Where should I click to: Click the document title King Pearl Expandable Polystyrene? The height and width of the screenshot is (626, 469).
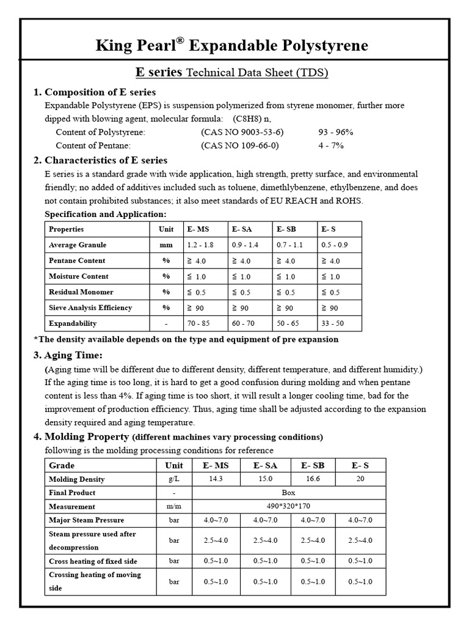(x=232, y=46)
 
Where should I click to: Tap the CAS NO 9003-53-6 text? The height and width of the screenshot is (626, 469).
(x=242, y=131)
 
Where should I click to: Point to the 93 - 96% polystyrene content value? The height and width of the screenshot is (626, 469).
(x=335, y=131)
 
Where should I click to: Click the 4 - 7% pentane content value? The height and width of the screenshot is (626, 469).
(x=330, y=145)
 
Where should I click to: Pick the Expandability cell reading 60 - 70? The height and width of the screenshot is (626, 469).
(x=244, y=323)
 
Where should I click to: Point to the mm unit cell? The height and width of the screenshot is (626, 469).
(x=165, y=245)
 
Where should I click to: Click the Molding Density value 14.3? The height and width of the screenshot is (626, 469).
(x=216, y=479)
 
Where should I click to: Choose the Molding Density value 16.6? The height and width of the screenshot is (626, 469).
(x=313, y=479)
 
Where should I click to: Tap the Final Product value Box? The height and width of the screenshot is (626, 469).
(x=288, y=493)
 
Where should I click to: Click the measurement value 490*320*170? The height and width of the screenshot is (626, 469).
(x=288, y=506)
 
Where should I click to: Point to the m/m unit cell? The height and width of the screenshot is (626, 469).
(x=174, y=506)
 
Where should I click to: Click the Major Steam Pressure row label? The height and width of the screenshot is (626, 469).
(x=86, y=520)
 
